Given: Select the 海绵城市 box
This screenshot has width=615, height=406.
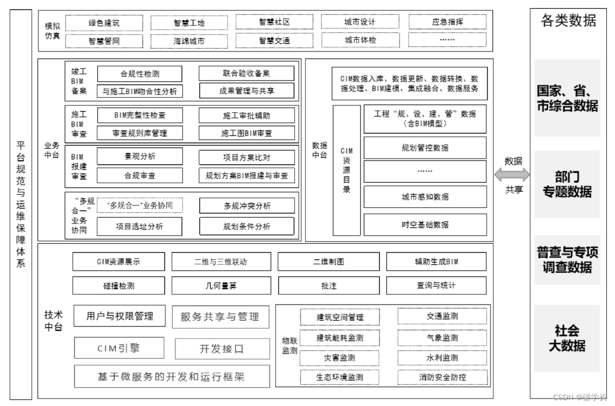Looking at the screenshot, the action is (189, 41).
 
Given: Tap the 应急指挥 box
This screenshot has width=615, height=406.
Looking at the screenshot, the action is (447, 22).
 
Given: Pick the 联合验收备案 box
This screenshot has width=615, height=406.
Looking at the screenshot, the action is (246, 74).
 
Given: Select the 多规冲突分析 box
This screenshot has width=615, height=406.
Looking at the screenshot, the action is (246, 206).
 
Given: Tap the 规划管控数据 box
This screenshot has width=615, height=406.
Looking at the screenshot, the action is (425, 148).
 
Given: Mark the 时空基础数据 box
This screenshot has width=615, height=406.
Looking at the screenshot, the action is (425, 225).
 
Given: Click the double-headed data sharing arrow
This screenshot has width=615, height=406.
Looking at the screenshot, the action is (513, 175).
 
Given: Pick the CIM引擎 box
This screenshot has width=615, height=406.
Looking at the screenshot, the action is (119, 348).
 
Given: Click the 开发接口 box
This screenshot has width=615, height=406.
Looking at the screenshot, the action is (222, 349).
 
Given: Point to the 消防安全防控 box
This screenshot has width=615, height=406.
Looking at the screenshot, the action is (442, 377).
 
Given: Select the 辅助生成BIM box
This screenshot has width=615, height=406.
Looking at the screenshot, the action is (436, 262).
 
